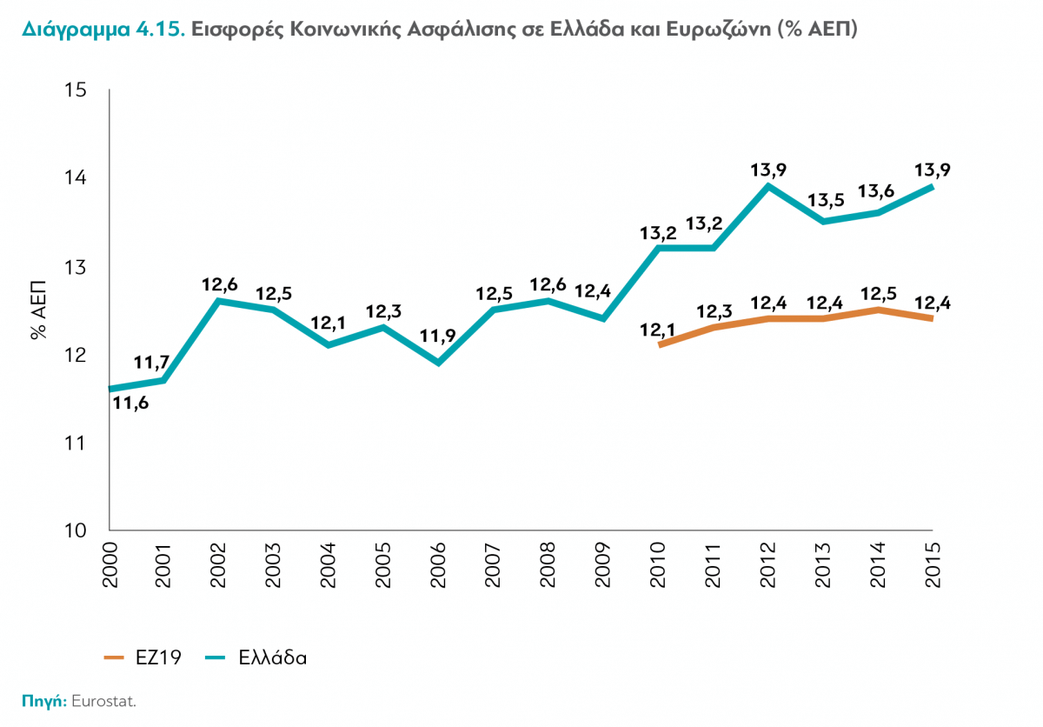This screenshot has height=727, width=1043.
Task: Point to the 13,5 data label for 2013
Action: click(825, 202)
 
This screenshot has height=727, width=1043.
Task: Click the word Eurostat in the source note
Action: click(104, 701)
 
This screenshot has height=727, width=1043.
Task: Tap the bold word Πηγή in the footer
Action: click(44, 701)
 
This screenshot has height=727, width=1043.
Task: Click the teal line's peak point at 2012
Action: click(767, 185)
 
